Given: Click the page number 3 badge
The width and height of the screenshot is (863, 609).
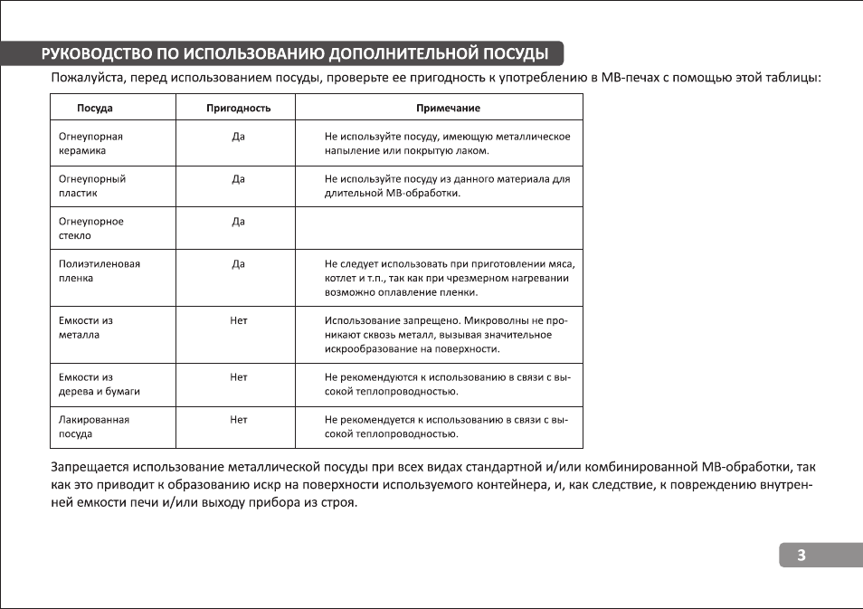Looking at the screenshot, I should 801,556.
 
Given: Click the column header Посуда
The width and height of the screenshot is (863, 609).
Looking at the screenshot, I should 95,108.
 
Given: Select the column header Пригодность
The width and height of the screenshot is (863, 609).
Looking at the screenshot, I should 239,108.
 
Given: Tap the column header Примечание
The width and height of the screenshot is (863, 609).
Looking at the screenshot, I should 448,108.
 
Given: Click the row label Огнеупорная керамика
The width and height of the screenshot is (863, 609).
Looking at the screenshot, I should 90,144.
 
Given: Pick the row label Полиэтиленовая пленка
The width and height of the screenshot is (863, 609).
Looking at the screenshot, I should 100,271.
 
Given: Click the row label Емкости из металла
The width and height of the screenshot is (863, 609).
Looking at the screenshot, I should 86,328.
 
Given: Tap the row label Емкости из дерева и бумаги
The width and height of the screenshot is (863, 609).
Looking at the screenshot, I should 100,385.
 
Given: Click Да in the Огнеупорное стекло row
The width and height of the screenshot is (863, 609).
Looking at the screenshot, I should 239,222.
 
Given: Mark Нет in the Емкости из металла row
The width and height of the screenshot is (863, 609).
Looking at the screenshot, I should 239,320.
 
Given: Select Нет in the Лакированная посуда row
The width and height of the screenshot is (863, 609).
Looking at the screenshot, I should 239,420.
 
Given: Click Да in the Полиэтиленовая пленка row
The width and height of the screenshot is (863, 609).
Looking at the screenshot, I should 239,264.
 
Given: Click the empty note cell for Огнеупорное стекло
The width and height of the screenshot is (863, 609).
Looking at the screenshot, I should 440,228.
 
